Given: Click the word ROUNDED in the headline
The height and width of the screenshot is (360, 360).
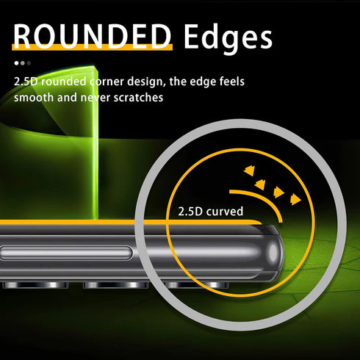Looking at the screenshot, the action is pyautogui.click(x=92, y=36).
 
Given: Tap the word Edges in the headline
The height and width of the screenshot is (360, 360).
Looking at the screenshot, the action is pyautogui.click(x=228, y=38).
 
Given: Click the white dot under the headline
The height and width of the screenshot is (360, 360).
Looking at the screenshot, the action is pyautogui.click(x=16, y=63).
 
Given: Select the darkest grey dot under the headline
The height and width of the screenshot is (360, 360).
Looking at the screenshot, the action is pyautogui.click(x=29, y=63).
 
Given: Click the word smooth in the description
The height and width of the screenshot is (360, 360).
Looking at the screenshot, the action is pyautogui.click(x=34, y=98).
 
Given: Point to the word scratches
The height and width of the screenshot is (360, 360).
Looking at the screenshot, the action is pyautogui.click(x=138, y=98).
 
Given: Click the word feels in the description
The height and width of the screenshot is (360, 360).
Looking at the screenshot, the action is pyautogui.click(x=231, y=82).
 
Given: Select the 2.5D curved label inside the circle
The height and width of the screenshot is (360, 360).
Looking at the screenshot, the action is pyautogui.click(x=211, y=212).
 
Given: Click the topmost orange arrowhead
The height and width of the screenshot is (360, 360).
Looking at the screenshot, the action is pyautogui.click(x=250, y=170).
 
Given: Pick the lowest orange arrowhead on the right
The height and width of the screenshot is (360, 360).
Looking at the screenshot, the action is pyautogui.click(x=295, y=199).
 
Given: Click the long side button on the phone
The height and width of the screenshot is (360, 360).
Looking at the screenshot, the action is pyautogui.click(x=65, y=253).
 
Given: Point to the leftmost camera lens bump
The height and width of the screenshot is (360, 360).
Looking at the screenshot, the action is pyautogui.click(x=35, y=285).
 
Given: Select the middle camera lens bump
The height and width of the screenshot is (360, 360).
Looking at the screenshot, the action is pyautogui.click(x=115, y=285).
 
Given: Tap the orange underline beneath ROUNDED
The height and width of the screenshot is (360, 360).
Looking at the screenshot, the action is pyautogui.click(x=92, y=47).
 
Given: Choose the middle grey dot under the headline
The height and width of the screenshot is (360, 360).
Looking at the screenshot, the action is pyautogui.click(x=23, y=63).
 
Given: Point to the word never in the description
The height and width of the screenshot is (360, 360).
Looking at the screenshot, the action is pyautogui.click(x=96, y=98).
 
